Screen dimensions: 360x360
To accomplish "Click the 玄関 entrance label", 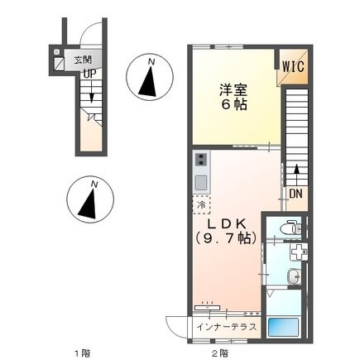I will pyautogui.click(x=82, y=60).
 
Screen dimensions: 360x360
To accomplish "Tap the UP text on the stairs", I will pyautogui.click(x=87, y=73).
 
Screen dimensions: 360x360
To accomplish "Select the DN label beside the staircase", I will pyautogui.click(x=295, y=195).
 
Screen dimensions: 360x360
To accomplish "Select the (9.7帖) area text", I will pyautogui.click(x=226, y=238).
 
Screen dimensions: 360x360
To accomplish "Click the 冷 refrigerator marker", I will pyautogui.click(x=202, y=204).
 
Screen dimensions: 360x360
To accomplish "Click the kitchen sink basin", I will pyautogui.click(x=201, y=180).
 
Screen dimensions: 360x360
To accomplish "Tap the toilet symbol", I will pyautogui.click(x=288, y=228).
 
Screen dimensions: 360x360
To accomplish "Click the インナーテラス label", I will pyautogui.click(x=228, y=327).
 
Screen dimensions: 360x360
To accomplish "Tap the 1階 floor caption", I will pyautogui.click(x=80, y=353).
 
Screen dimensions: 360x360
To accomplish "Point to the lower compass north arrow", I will pyautogui.click(x=90, y=199).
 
